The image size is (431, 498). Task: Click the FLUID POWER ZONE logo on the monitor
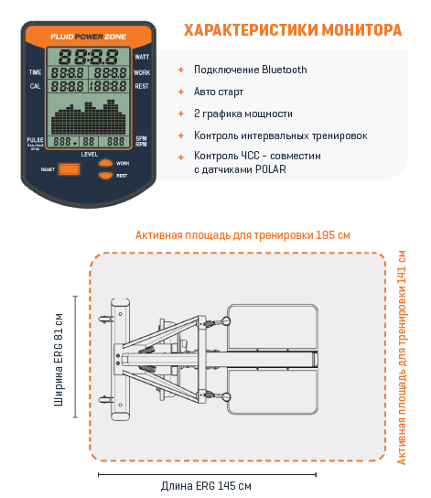[90, 37]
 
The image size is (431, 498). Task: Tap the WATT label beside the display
[142, 57]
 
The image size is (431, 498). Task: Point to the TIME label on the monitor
[36, 71]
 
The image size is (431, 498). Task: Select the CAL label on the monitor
[35, 86]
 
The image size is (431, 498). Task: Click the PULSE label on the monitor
[35, 139]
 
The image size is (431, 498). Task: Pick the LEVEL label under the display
[89, 155]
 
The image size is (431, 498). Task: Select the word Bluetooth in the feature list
[284, 70]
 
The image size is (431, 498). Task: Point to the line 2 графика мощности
[243, 114]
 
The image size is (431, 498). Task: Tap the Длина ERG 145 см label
[206, 485]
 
